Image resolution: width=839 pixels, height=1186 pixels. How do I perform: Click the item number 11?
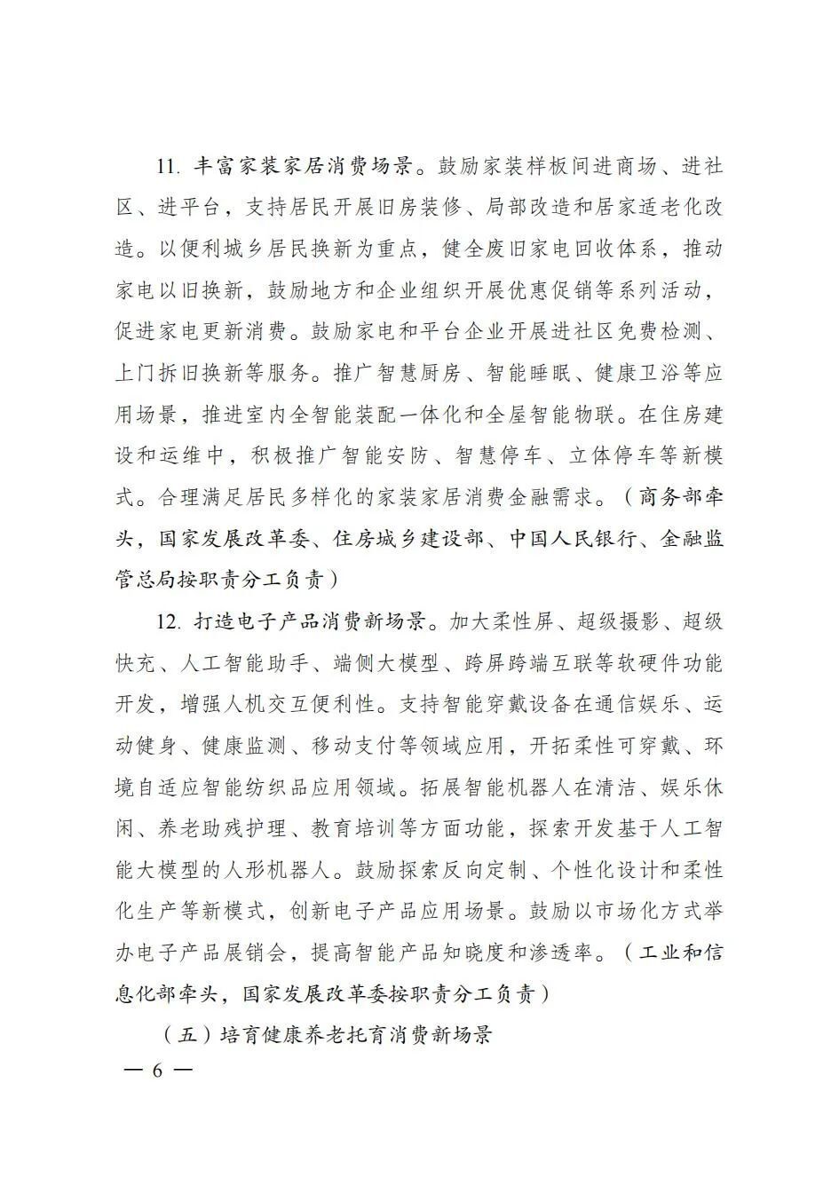coord(169,166)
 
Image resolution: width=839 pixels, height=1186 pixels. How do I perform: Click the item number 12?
coord(169,621)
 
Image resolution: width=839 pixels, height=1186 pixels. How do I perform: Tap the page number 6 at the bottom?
coord(158,1071)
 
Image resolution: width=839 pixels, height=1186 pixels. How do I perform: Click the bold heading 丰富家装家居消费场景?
coord(302,166)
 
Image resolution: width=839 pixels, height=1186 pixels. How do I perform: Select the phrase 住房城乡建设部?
coord(406,538)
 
